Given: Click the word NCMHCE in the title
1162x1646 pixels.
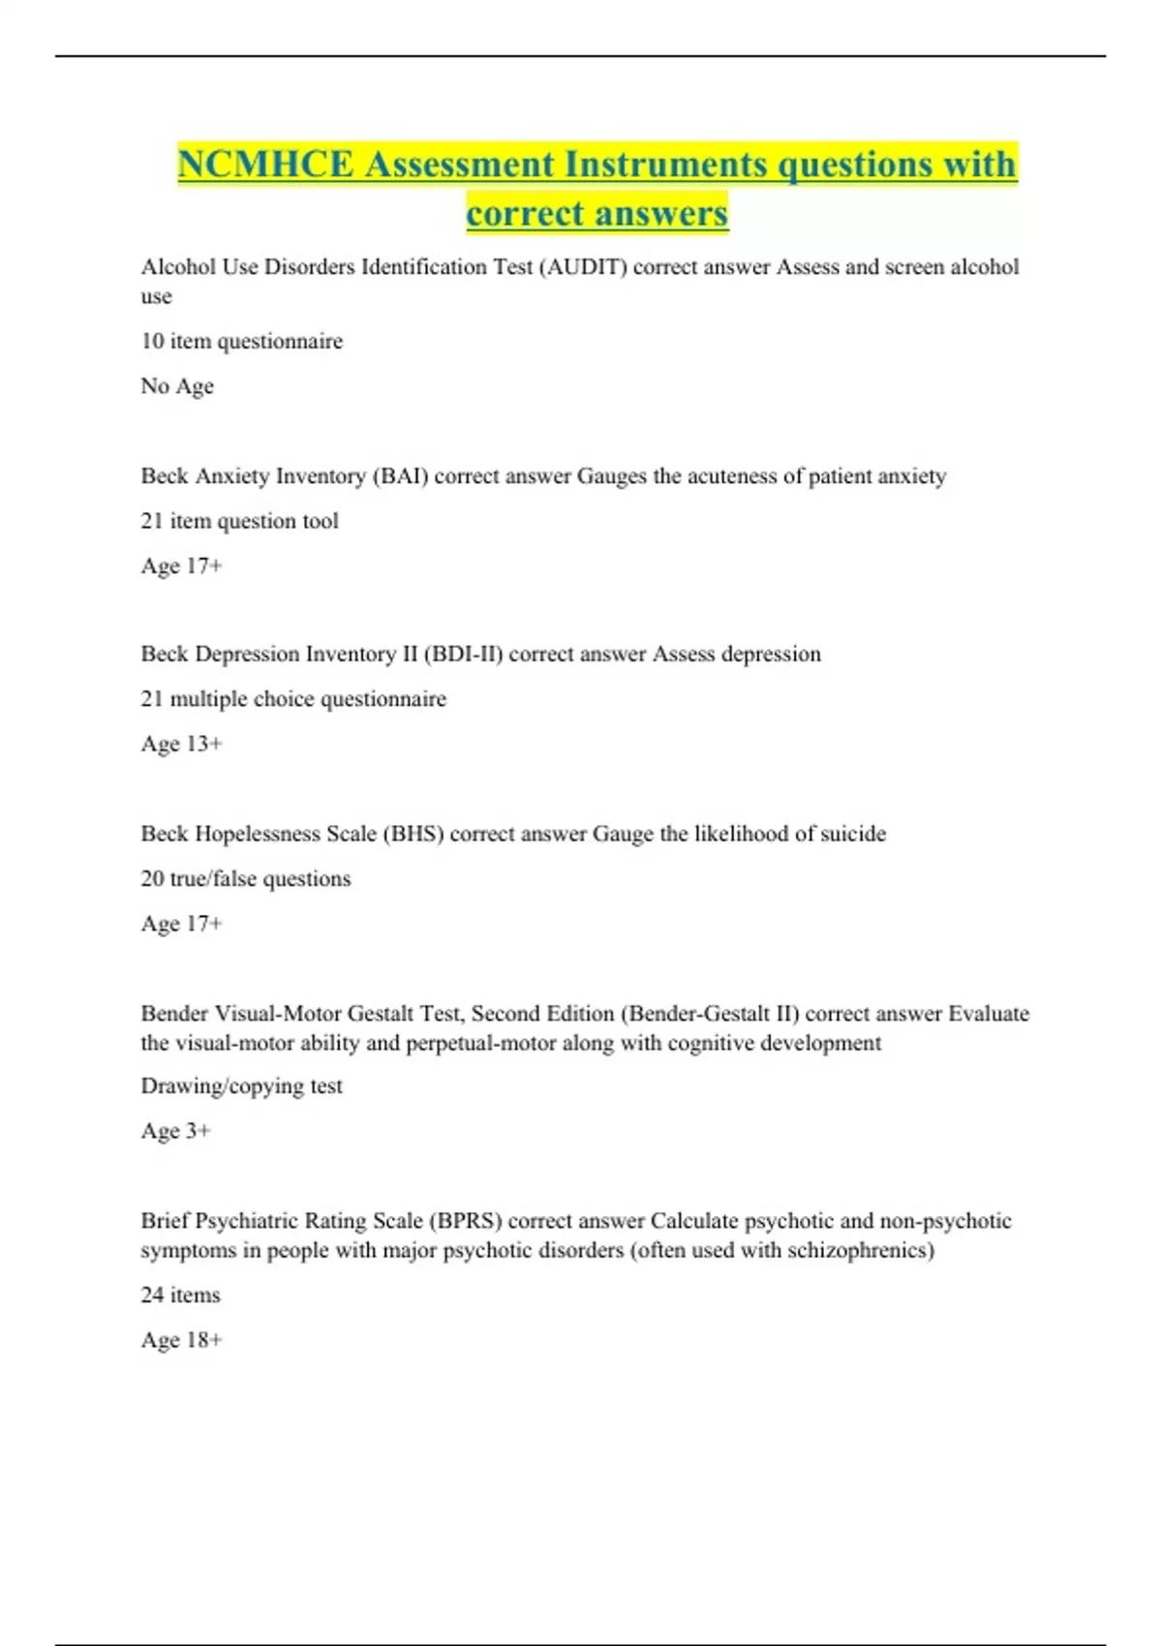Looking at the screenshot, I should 265,165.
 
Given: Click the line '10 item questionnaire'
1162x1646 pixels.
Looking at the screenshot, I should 241,341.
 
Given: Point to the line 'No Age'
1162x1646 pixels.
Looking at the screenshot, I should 176,386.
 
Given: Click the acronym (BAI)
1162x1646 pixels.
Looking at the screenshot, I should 400,476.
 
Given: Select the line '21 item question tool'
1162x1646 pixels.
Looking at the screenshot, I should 239,521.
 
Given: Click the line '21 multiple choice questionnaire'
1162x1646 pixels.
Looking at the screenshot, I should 293,699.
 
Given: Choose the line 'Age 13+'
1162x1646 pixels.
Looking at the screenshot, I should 181,744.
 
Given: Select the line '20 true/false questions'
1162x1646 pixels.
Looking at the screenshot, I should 245,879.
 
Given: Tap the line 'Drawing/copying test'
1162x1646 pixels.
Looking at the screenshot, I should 241,1086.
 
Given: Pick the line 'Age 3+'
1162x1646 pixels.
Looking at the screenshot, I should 175,1131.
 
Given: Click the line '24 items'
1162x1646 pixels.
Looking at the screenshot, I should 180,1295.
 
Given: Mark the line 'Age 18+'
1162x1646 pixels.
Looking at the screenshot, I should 181,1340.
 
